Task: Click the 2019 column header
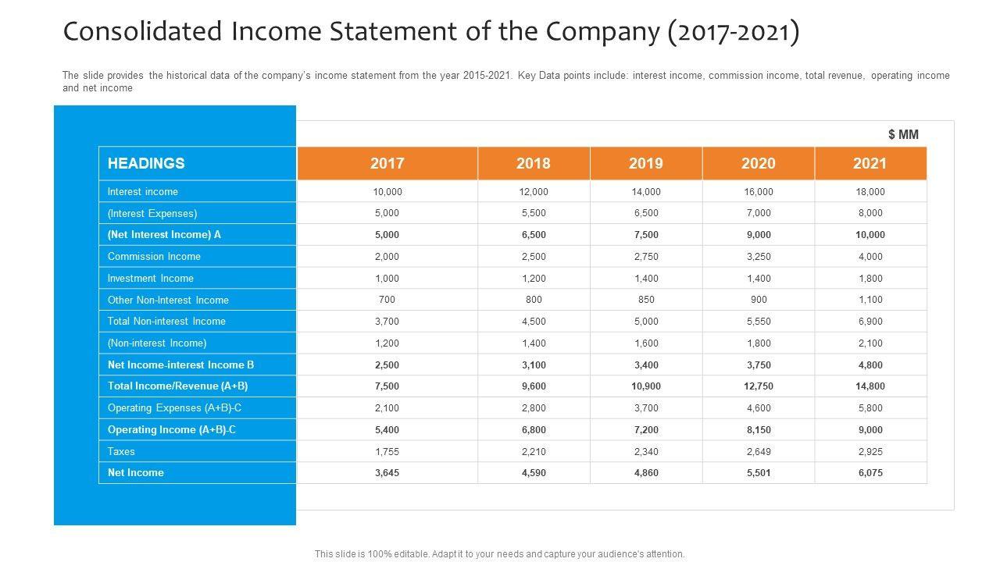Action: pyautogui.click(x=646, y=163)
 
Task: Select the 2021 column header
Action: pyautogui.click(x=870, y=163)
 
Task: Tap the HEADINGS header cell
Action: pyautogui.click(x=146, y=163)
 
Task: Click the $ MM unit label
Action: pyautogui.click(x=903, y=134)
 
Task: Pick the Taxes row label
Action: pyautogui.click(x=121, y=451)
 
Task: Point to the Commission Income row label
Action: pyautogui.click(x=154, y=256)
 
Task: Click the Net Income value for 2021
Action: pyautogui.click(x=870, y=472)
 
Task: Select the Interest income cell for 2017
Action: pyautogui.click(x=387, y=191)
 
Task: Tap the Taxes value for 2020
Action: pyautogui.click(x=759, y=451)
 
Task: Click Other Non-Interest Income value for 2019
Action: pyautogui.click(x=646, y=300)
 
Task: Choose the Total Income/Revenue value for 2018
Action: pyautogui.click(x=534, y=386)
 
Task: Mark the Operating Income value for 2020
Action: pyautogui.click(x=759, y=429)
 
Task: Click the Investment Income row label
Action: pyautogui.click(x=151, y=278)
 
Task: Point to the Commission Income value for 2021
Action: pyautogui.click(x=870, y=256)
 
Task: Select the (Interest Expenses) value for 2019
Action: pyautogui.click(x=646, y=213)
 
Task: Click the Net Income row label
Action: pyautogui.click(x=136, y=472)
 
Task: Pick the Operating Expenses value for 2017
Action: pyautogui.click(x=387, y=407)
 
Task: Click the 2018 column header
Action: pyautogui.click(x=534, y=163)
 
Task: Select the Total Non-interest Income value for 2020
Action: pyautogui.click(x=759, y=321)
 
